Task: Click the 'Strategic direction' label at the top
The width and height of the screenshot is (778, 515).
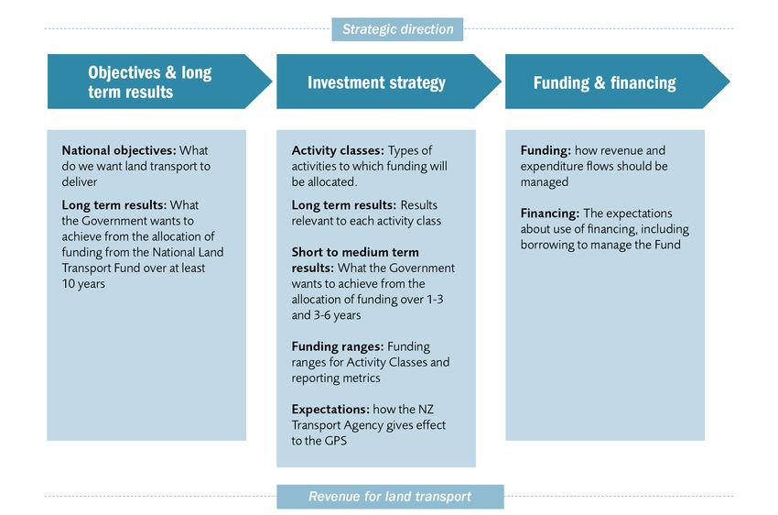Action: pyautogui.click(x=397, y=29)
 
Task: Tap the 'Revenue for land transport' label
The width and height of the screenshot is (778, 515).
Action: pyautogui.click(x=390, y=496)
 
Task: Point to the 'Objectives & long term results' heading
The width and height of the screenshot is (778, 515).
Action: pyautogui.click(x=150, y=82)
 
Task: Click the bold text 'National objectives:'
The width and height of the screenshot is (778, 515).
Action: pyautogui.click(x=119, y=150)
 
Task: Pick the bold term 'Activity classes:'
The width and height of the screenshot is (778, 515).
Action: pyautogui.click(x=338, y=150)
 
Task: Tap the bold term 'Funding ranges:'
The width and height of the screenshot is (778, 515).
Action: pyautogui.click(x=338, y=346)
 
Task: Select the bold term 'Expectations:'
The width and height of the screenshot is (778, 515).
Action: pyautogui.click(x=330, y=410)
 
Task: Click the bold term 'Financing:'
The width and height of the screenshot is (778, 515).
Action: pyautogui.click(x=550, y=213)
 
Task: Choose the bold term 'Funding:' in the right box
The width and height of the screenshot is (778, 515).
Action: pyautogui.click(x=546, y=150)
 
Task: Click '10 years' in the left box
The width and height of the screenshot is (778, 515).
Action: pyautogui.click(x=83, y=283)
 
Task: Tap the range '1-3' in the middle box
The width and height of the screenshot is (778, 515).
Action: pyautogui.click(x=435, y=299)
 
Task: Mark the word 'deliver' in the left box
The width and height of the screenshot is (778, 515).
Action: pyautogui.click(x=80, y=181)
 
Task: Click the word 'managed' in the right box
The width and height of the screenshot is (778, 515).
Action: pyautogui.click(x=545, y=182)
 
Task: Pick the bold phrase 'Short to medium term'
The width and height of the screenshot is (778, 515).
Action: pyautogui.click(x=355, y=252)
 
